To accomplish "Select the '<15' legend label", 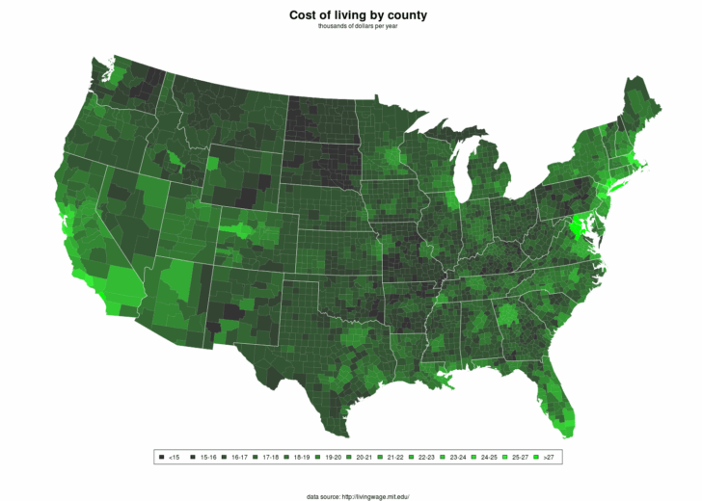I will click(175, 456).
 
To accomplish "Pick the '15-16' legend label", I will click(208, 456).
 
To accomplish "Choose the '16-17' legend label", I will click(240, 456).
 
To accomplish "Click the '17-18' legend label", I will click(271, 456).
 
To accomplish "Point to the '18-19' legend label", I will click(302, 456).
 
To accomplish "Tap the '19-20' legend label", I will click(333, 456).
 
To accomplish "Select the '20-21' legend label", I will click(364, 456).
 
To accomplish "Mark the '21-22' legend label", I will click(395, 456).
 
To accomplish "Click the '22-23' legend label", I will click(426, 456).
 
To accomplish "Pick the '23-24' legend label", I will click(458, 456).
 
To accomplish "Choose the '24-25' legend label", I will click(489, 456).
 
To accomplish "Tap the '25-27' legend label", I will click(520, 456).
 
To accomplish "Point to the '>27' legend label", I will click(550, 456).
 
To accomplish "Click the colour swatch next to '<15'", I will click(161, 456).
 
